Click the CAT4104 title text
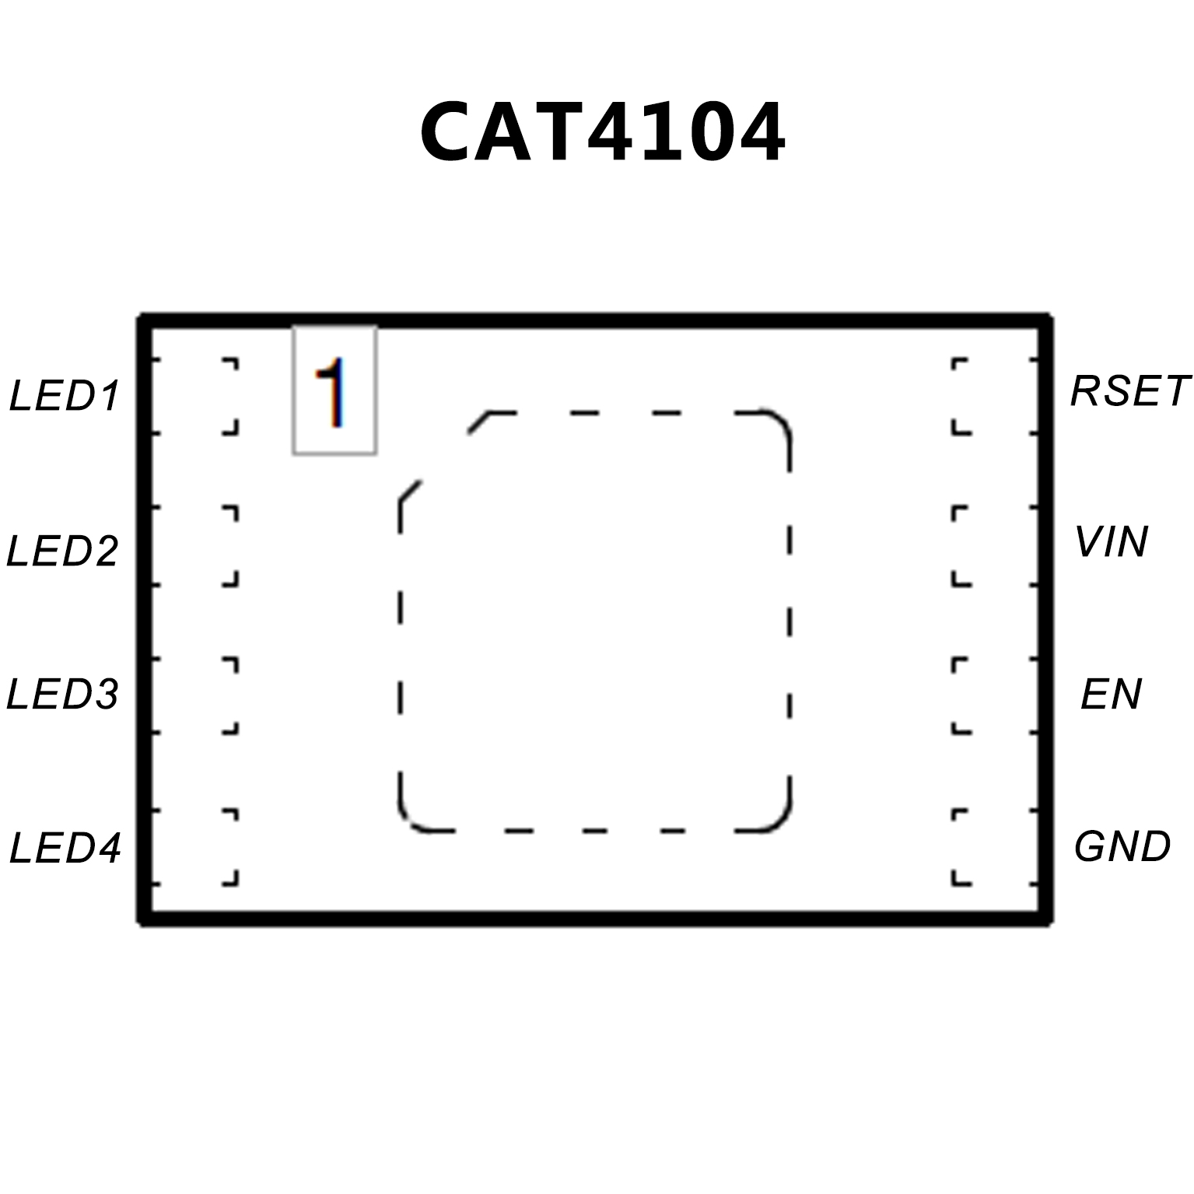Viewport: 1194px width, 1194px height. (602, 132)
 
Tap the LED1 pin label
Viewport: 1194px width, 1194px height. (65, 396)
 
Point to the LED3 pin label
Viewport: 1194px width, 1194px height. (62, 694)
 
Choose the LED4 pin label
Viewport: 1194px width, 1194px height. (65, 848)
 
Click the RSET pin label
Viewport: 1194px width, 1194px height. (1130, 391)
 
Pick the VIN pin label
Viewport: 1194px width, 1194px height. (1111, 542)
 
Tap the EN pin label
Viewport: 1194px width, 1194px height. (1111, 694)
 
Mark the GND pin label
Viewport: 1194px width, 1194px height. (1122, 846)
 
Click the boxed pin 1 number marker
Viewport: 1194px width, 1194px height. (334, 390)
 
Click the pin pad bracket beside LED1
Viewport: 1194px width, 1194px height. (230, 396)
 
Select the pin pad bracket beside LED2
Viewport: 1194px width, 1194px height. (230, 545)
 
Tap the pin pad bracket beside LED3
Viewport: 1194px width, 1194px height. (230, 695)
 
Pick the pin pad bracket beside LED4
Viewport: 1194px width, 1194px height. (230, 848)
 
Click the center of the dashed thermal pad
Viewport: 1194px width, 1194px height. (595, 622)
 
